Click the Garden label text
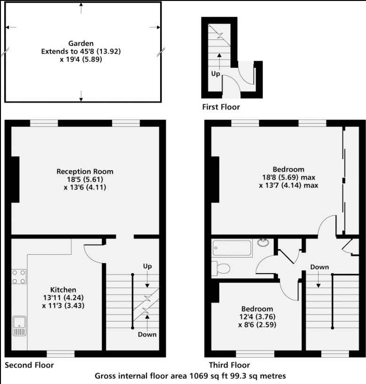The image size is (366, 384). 81,43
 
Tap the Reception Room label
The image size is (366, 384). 85,171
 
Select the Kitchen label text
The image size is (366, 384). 63,290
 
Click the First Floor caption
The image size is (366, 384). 221,107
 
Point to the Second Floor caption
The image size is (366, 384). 29,365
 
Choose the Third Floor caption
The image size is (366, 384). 229,365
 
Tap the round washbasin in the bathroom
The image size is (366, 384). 264,243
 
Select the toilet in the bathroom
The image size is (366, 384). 221,268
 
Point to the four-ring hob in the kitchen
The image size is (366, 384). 18,276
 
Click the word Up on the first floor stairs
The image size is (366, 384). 215,74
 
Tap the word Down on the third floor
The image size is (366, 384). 319,267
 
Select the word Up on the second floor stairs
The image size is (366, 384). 148,266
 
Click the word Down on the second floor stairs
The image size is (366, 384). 147,334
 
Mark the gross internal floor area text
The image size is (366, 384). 190,376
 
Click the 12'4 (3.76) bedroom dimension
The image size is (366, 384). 257,316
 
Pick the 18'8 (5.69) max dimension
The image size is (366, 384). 288,177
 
